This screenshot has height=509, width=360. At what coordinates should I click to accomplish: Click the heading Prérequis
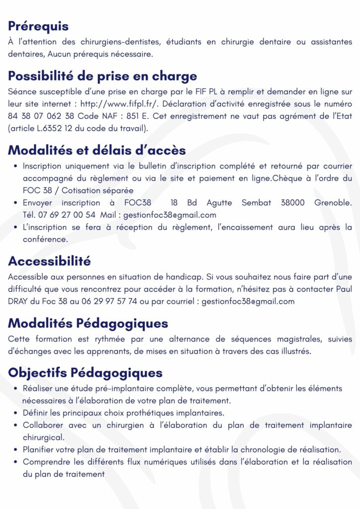click(x=38, y=26)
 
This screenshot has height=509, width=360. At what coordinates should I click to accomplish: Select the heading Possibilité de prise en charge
click(x=102, y=76)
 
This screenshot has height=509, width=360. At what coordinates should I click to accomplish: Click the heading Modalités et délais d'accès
click(x=97, y=150)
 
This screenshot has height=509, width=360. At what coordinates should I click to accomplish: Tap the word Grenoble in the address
click(x=333, y=203)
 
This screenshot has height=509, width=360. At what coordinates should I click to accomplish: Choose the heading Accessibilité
click(x=49, y=261)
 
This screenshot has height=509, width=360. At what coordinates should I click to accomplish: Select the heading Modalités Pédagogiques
click(x=88, y=323)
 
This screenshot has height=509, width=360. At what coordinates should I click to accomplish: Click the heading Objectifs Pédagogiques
click(x=85, y=372)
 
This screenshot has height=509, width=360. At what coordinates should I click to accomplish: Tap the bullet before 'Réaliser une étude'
click(x=16, y=388)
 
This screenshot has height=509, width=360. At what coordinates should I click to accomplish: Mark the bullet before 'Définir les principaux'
click(x=16, y=413)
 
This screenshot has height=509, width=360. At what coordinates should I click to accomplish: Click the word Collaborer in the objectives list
click(x=43, y=425)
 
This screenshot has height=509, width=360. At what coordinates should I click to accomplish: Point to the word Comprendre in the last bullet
click(x=47, y=462)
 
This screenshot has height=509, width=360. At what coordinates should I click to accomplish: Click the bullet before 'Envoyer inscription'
click(x=16, y=203)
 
